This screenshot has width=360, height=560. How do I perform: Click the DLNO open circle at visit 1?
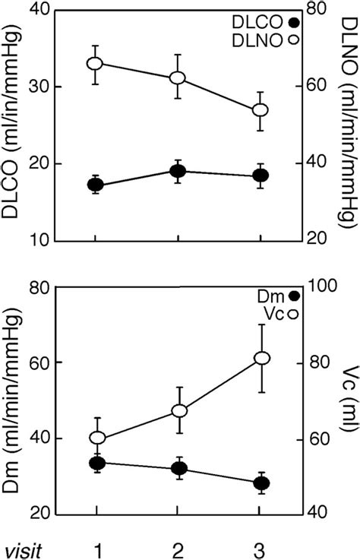tap(95, 64)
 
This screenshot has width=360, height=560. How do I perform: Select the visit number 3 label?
tap(260, 546)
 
